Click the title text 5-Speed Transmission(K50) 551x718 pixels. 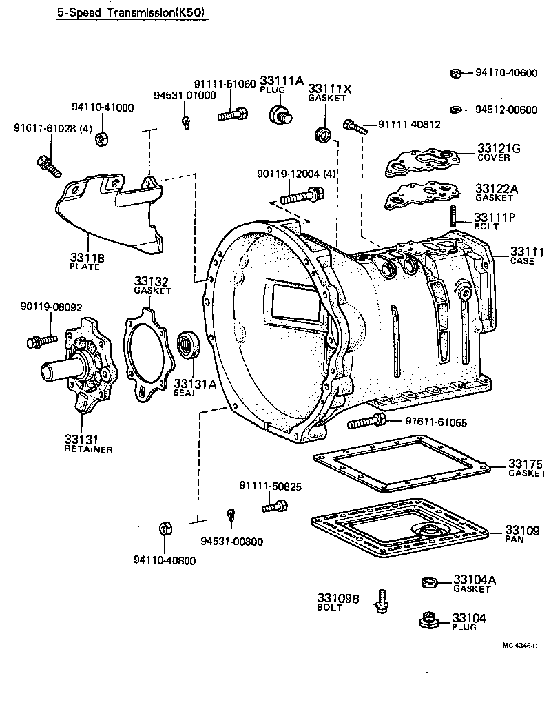[130, 12]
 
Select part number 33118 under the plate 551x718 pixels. [87, 258]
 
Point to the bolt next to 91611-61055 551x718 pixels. [367, 421]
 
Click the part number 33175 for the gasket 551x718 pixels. [526, 462]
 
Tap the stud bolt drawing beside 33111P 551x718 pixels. [455, 216]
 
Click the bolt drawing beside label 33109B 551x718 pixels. [381, 602]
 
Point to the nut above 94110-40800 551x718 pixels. [165, 529]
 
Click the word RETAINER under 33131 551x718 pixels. [87, 449]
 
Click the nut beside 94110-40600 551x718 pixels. [455, 74]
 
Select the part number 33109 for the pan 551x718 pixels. [522, 530]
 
